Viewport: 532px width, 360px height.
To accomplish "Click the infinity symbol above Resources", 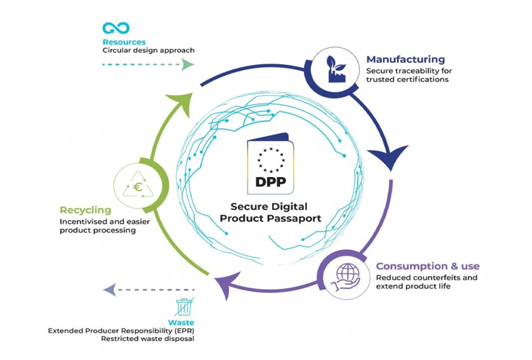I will point(115,28).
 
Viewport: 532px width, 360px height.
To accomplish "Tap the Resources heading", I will point(124,42).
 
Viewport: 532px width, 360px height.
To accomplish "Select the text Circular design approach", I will point(148,50).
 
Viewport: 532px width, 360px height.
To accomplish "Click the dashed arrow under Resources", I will point(148,64).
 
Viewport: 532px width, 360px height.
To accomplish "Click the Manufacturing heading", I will point(405,60).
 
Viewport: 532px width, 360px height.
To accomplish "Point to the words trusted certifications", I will point(407,79).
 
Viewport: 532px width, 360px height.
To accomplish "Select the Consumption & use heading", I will point(427,266).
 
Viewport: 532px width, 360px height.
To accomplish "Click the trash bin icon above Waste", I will point(184,307).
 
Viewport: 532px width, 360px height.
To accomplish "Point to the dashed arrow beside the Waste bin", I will point(148,289).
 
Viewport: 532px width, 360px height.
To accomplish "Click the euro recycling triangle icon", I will point(137,186).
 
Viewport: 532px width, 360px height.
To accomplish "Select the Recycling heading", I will point(85,210).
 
